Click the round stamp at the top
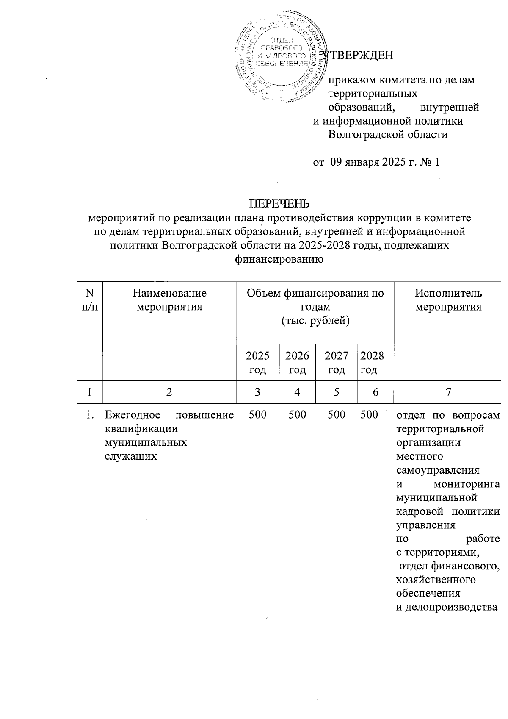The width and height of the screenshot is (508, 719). tap(280, 59)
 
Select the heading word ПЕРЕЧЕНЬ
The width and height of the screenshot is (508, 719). tap(279, 203)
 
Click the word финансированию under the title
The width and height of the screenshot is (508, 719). tap(279, 259)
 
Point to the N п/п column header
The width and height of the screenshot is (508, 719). tap(89, 300)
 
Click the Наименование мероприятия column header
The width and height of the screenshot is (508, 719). tap(169, 300)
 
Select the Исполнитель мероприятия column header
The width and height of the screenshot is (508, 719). tap(448, 300)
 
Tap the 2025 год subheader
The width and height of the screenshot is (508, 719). tap(257, 362)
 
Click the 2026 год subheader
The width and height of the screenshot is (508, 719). tap(297, 362)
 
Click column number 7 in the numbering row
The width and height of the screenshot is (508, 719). tap(448, 392)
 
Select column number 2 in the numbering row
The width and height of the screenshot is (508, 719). tap(169, 392)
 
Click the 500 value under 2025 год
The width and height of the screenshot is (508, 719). tap(257, 415)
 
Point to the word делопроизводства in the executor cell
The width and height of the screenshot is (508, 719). tap(446, 607)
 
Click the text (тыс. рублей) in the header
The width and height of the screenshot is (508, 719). tap(315, 321)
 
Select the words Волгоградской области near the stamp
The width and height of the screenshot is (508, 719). tap(388, 135)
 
